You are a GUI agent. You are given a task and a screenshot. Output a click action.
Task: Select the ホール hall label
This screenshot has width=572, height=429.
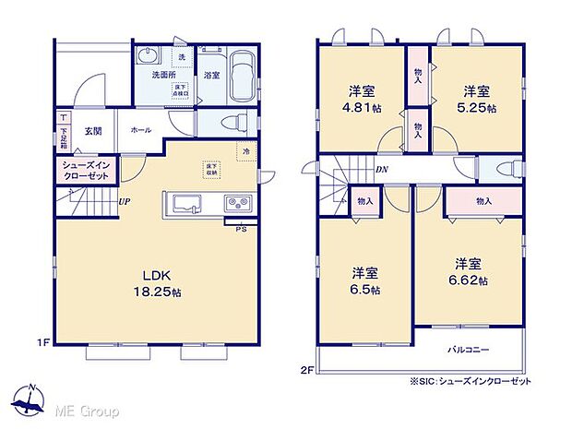(x=141, y=131)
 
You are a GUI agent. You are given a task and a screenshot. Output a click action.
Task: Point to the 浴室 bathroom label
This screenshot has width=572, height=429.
(x=210, y=76)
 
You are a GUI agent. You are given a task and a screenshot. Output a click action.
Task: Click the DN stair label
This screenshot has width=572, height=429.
(x=381, y=170)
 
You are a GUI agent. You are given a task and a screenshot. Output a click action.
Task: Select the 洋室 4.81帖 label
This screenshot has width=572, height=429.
(x=361, y=99)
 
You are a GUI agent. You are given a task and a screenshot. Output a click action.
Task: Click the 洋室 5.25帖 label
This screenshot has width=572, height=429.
(x=476, y=99)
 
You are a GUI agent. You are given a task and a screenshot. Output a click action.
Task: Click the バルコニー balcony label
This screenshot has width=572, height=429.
(x=469, y=350)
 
